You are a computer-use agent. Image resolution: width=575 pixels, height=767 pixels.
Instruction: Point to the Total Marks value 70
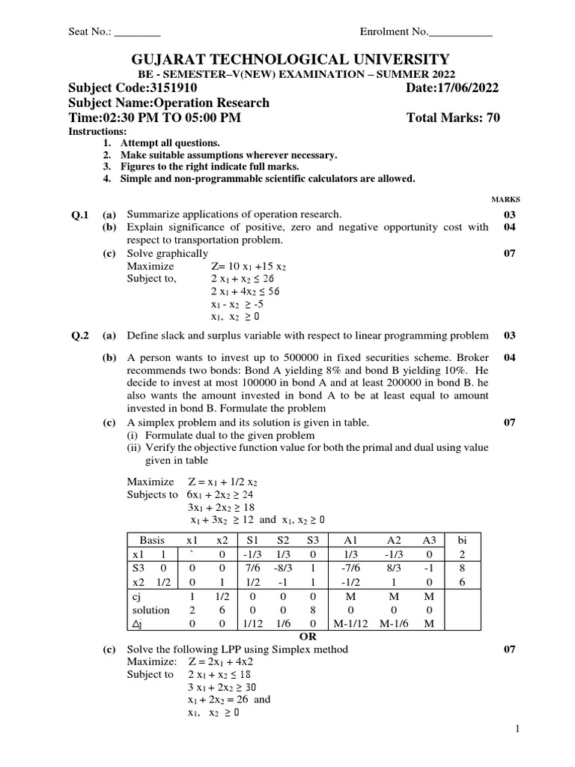click(x=493, y=118)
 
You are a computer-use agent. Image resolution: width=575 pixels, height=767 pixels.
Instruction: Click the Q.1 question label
click(x=80, y=215)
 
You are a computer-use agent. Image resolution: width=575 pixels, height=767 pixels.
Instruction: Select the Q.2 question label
click(x=80, y=336)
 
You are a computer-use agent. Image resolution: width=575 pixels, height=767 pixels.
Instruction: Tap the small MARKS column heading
click(x=505, y=200)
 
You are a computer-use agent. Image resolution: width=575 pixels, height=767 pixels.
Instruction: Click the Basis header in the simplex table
click(x=152, y=540)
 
